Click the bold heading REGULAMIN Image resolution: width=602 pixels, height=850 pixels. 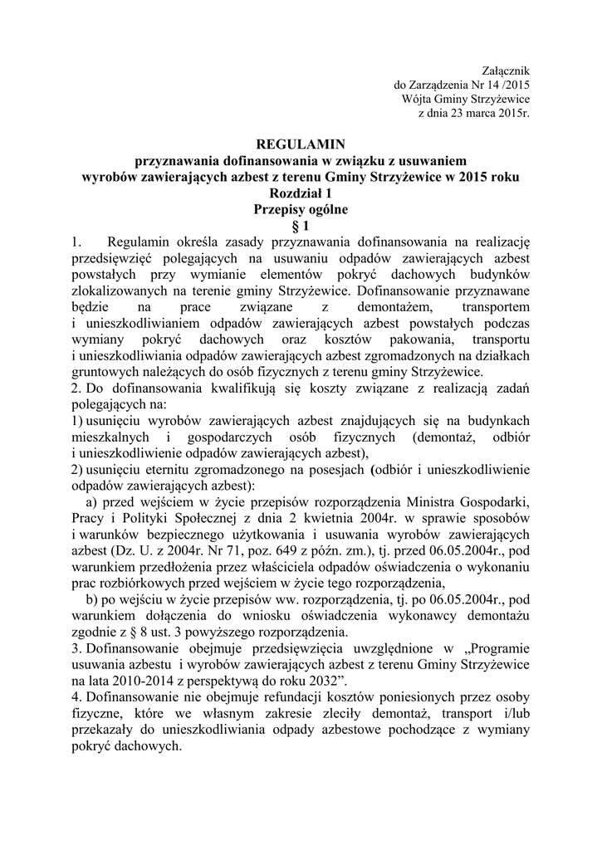[301, 144]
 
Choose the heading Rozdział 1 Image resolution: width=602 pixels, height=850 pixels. [301, 193]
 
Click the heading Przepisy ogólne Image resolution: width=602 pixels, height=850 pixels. [301, 209]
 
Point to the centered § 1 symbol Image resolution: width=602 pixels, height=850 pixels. [301, 225]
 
